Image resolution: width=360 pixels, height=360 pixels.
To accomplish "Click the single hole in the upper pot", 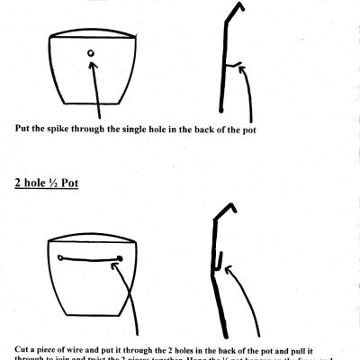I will (x=91, y=54).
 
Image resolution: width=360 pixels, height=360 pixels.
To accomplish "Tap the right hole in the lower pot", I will (x=121, y=256).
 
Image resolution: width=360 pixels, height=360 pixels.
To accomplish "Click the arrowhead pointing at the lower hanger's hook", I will (x=228, y=269).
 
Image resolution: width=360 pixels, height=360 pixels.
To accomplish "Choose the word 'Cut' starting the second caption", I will (x=22, y=346).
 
